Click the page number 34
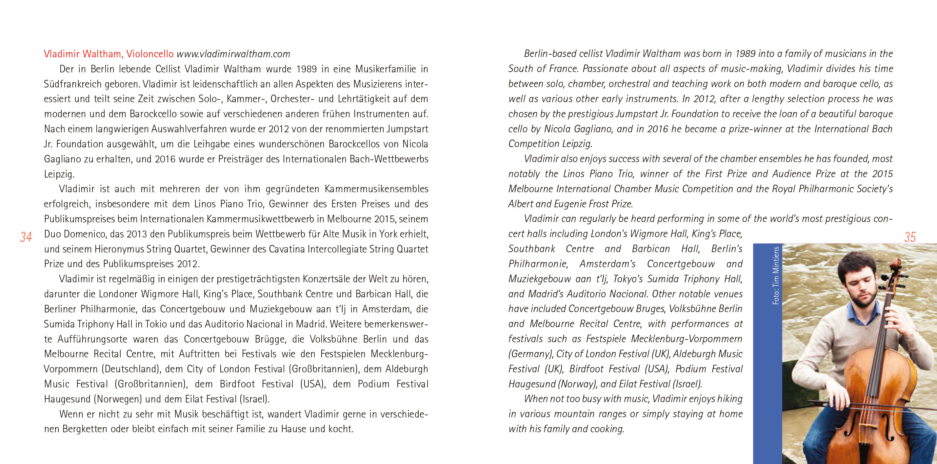26,237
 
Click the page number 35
909,237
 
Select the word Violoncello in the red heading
150,54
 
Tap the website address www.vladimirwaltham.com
233,54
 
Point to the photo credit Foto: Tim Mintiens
776,275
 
